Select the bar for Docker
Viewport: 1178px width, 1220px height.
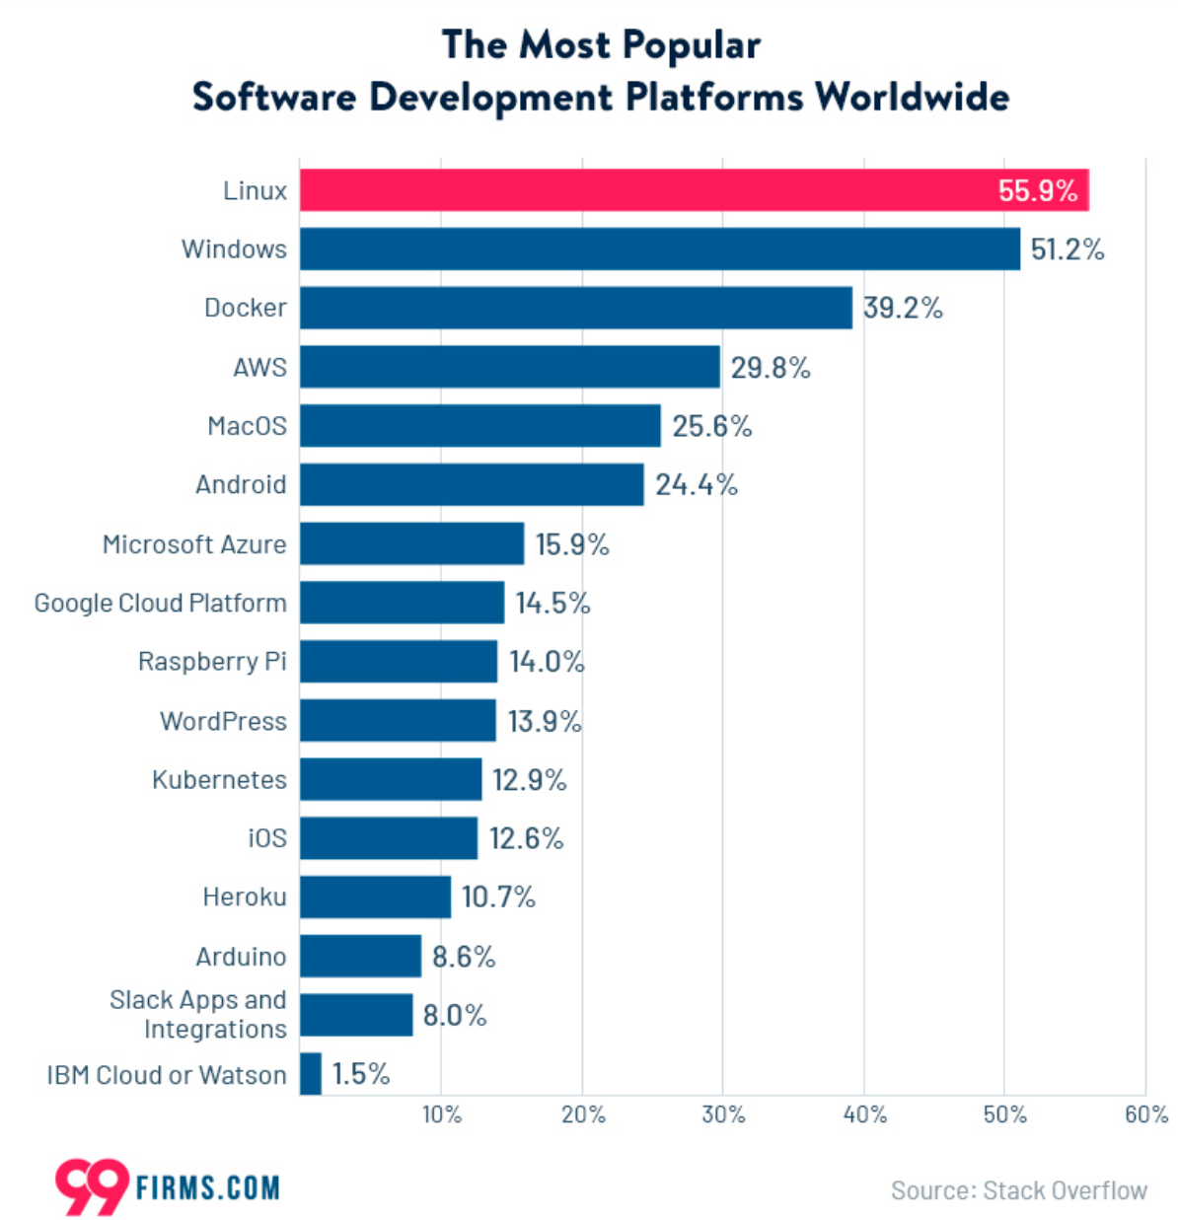click(x=575, y=308)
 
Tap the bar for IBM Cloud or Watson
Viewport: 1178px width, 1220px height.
click(x=311, y=1073)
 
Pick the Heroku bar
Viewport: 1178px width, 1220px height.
click(x=375, y=897)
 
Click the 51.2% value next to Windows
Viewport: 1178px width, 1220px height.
click(x=1067, y=250)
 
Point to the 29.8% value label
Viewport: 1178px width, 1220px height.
click(x=770, y=368)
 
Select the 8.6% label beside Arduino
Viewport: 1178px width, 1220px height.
click(x=463, y=957)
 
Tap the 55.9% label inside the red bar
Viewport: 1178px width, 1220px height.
click(x=1037, y=190)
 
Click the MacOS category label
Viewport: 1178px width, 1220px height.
click(x=247, y=426)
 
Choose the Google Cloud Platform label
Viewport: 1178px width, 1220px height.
click(x=160, y=603)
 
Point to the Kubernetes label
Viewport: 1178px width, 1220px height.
click(x=219, y=779)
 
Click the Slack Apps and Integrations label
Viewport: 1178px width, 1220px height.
click(x=198, y=1014)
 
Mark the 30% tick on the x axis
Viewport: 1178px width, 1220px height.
click(x=723, y=1114)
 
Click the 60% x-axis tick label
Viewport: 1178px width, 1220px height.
click(x=1145, y=1114)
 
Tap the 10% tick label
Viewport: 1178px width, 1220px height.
click(x=441, y=1114)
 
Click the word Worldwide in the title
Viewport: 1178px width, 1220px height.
click(x=912, y=97)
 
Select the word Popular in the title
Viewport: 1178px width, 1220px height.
click(x=692, y=45)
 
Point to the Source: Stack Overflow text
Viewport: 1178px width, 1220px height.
click(x=1018, y=1190)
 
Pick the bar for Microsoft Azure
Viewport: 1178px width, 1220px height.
click(x=411, y=543)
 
